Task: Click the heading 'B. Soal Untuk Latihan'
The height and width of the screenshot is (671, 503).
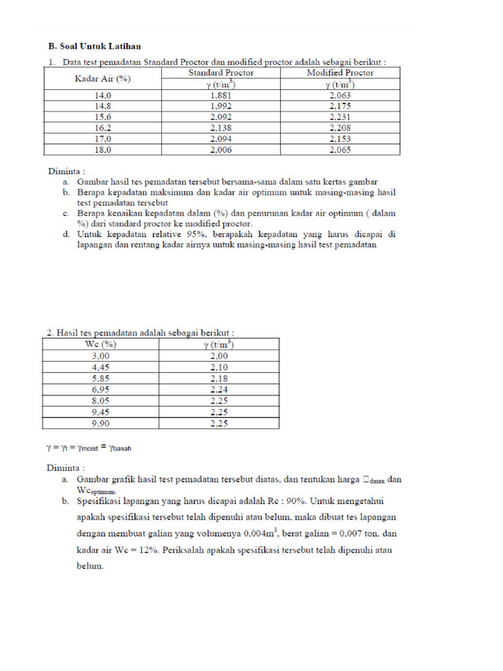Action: [95, 47]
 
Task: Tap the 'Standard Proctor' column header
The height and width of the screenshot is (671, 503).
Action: [221, 73]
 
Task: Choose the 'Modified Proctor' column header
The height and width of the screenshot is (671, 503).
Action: [340, 73]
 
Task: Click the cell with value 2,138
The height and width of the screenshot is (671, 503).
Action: [221, 128]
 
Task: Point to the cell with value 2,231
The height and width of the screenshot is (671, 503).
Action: [340, 117]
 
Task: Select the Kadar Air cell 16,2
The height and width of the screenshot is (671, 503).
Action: [103, 128]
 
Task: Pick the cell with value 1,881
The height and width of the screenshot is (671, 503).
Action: [221, 95]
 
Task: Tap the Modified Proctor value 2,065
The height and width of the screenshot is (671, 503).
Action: [340, 150]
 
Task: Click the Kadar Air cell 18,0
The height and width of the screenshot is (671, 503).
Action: [103, 150]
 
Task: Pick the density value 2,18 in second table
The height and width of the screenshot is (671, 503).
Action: [219, 379]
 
